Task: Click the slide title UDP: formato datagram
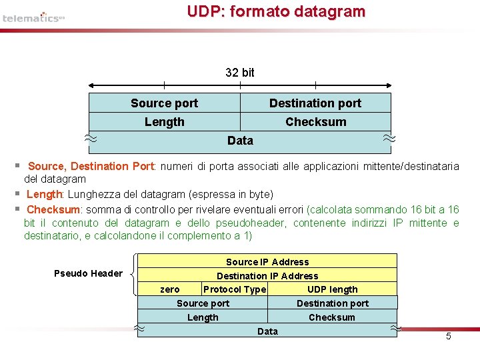click(x=276, y=11)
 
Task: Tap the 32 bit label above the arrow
click(x=239, y=72)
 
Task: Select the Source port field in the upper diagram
click(x=164, y=103)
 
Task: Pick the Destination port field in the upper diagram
click(x=315, y=103)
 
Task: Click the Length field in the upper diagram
click(x=164, y=121)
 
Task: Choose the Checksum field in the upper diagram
click(x=315, y=121)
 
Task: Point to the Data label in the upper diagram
click(x=239, y=140)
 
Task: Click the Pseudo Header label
click(x=88, y=273)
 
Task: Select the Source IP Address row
click(x=267, y=262)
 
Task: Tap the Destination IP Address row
click(x=267, y=276)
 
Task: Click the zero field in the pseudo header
click(x=170, y=289)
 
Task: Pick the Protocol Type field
click(x=235, y=289)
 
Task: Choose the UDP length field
click(x=332, y=289)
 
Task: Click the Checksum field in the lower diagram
click(x=332, y=317)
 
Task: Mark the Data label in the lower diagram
click(x=267, y=331)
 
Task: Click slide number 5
click(x=448, y=336)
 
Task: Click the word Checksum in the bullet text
click(x=53, y=209)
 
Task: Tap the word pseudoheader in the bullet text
click(x=254, y=223)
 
